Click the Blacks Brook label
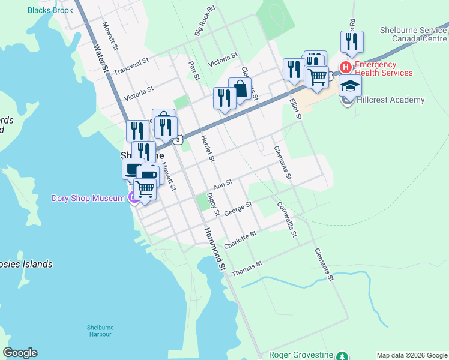pos(50,10)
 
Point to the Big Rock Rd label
pos(204,22)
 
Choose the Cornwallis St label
pos(287,218)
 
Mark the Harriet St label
pos(207,148)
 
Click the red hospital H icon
pos(346,66)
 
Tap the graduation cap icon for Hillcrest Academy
pos(350,86)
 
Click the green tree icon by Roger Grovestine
pos(342,355)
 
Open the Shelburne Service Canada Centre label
pos(414,34)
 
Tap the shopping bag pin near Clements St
pos(240,90)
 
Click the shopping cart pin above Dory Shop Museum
pos(145,188)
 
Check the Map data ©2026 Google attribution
pos(412,355)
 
